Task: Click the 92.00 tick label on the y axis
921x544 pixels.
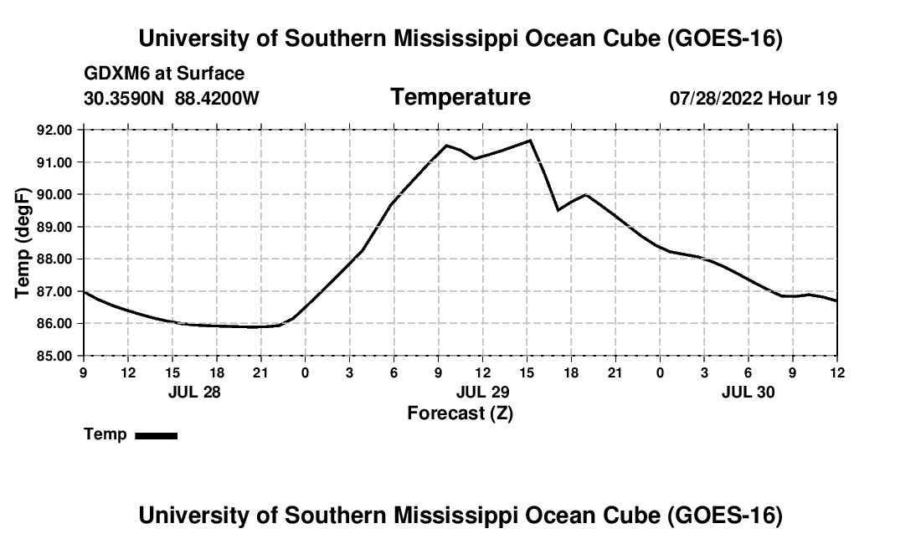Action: coord(55,130)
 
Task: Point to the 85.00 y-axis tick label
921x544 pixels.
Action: coord(55,357)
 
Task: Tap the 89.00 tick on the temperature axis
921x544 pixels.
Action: coord(55,227)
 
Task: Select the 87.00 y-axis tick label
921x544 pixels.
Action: coord(55,291)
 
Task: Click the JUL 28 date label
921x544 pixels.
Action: coord(194,392)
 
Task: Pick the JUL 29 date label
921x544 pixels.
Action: coord(483,392)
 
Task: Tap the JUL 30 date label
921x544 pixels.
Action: coord(749,392)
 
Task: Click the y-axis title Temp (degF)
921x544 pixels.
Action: coord(23,243)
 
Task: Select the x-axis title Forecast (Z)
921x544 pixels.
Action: coord(460,413)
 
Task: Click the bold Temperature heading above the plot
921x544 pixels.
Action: coord(460,97)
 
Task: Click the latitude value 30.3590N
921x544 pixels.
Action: coord(124,98)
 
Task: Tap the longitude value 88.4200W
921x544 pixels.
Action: coord(217,98)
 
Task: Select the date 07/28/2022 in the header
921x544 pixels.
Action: coord(716,98)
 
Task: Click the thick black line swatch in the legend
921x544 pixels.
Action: coord(157,435)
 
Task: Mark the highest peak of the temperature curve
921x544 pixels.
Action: coord(530,141)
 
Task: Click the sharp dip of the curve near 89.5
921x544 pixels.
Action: coord(558,210)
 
